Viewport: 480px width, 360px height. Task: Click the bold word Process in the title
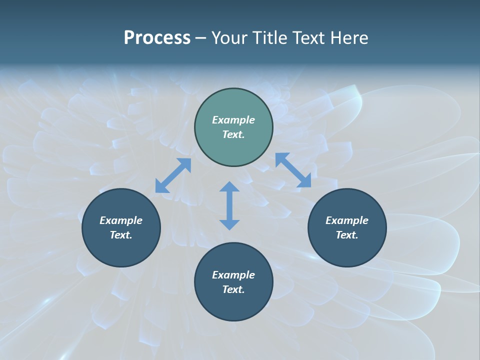[x=157, y=38]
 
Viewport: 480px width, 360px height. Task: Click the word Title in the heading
[x=270, y=38]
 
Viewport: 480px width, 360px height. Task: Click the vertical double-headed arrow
[x=229, y=205]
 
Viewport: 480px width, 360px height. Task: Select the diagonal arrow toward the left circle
[x=173, y=175]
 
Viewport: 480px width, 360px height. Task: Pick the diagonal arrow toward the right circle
[x=293, y=170]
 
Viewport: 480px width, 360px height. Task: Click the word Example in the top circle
[x=233, y=120]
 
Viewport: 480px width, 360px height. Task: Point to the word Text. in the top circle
[x=233, y=134]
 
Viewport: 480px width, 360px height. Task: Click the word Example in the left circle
[x=121, y=220]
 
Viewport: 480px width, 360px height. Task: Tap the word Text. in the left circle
[x=121, y=235]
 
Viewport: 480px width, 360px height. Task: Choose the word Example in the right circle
[x=347, y=220]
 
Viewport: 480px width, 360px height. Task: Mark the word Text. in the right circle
[x=347, y=235]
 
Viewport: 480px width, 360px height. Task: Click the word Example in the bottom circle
[x=233, y=275]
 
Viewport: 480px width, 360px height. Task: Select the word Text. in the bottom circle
[x=233, y=289]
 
